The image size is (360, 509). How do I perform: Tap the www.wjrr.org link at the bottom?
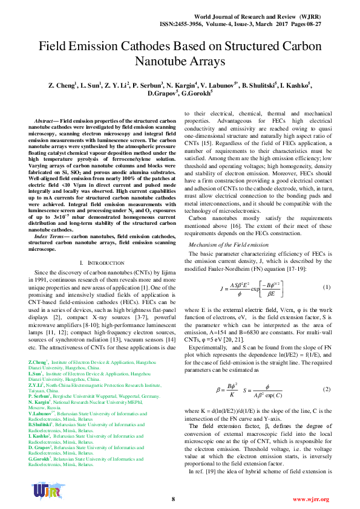pos(310,499)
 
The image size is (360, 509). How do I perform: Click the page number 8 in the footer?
pos(173,499)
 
